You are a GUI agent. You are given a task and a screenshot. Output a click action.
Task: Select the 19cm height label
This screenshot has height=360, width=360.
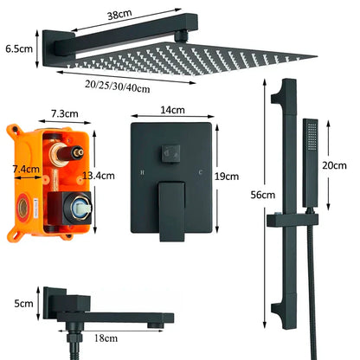pos(226,176)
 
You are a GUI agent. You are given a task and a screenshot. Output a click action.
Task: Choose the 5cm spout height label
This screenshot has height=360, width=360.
pos(17,305)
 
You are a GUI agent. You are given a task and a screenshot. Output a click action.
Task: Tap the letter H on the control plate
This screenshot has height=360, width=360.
pos(142,173)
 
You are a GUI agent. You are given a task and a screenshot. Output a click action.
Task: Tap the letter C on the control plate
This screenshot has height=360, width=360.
pos(200,173)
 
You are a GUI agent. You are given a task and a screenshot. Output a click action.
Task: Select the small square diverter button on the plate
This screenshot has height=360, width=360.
pos(170,155)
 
